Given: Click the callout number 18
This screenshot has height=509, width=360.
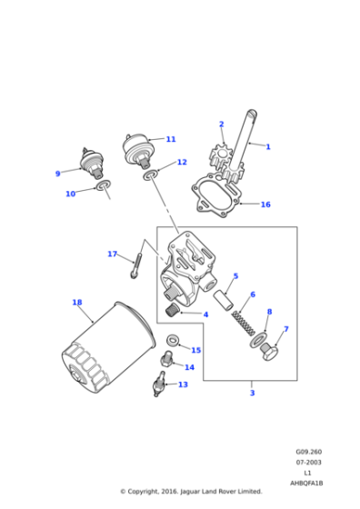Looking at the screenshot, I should [76, 302].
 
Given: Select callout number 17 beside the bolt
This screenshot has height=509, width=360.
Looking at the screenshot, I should [112, 254].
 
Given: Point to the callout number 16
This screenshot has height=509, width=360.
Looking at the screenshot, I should [265, 205].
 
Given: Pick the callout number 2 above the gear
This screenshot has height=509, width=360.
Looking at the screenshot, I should [221, 125].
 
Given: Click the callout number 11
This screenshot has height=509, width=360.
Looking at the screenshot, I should [170, 139].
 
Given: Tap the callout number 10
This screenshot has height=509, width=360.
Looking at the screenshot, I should [70, 194].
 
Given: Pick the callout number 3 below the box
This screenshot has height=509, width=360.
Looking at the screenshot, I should [252, 393].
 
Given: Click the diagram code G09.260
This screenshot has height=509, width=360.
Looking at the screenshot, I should [308, 452].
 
